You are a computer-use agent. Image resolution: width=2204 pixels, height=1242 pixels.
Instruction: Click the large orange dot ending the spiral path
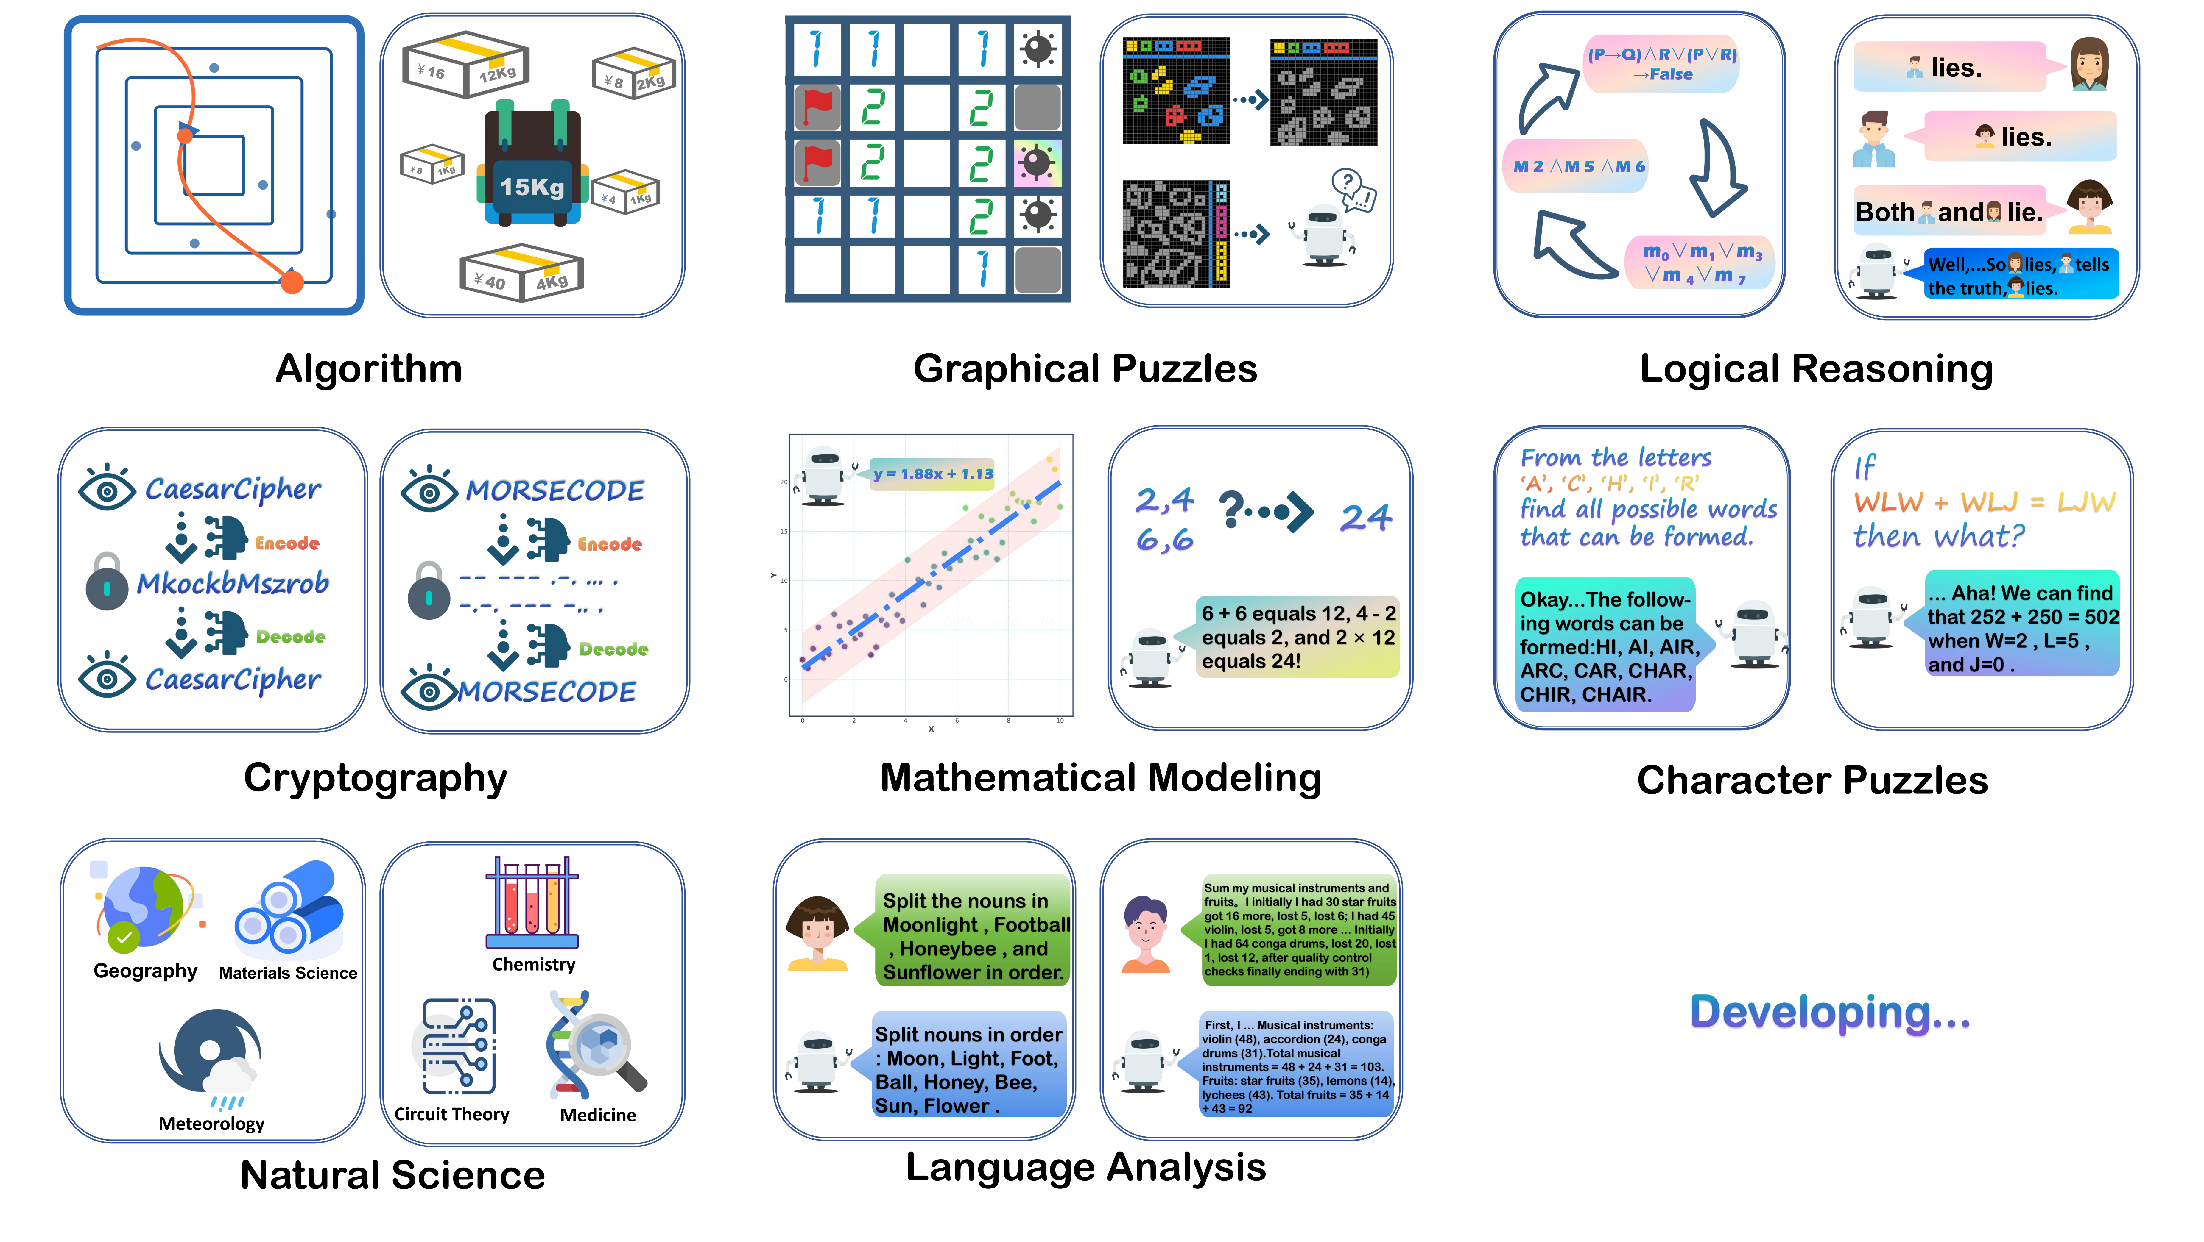point(292,282)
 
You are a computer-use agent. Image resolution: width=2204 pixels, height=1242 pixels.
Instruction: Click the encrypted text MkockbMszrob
point(233,583)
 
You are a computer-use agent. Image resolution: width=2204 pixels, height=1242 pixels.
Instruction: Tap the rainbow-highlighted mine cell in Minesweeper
point(1038,163)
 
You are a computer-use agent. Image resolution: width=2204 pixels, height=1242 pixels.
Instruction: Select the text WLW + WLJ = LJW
point(1983,502)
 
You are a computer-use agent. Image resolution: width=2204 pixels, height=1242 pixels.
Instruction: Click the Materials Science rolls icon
point(289,909)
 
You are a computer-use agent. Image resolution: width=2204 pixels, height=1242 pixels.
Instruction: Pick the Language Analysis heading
point(1085,1168)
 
